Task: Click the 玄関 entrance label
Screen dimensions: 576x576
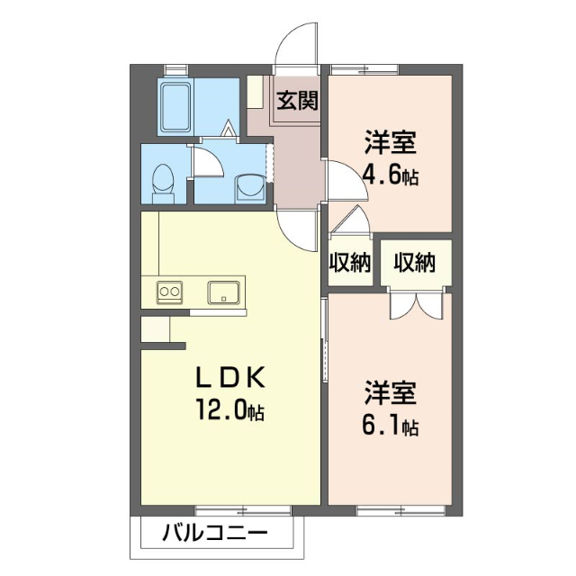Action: tap(297, 99)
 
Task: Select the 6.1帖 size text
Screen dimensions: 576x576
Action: tap(390, 425)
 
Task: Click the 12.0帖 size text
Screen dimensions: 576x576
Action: tap(230, 411)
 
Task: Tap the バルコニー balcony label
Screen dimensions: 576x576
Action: tap(214, 533)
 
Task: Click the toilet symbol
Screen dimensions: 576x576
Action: tap(164, 181)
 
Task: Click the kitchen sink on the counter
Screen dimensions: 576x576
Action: tap(222, 292)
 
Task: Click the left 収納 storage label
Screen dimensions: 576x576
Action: tap(349, 263)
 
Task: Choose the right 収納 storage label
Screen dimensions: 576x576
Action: tap(414, 263)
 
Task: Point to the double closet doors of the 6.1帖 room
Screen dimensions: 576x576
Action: tap(416, 304)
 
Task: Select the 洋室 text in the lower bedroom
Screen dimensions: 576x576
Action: tap(390, 394)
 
